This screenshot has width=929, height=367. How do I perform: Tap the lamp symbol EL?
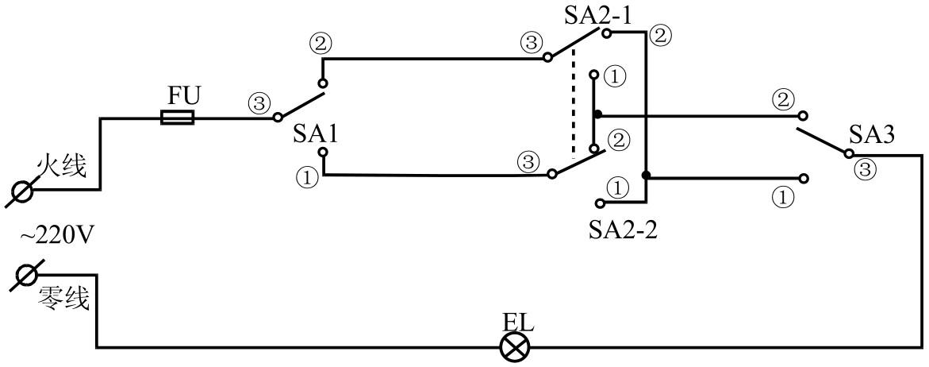(516, 347)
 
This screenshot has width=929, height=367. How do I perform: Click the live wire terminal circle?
(21, 191)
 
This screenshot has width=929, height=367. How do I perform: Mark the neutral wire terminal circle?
(25, 276)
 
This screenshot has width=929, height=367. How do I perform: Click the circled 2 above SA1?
(321, 44)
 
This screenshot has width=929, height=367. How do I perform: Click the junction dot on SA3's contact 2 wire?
(597, 114)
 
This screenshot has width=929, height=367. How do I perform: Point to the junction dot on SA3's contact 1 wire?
(647, 176)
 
